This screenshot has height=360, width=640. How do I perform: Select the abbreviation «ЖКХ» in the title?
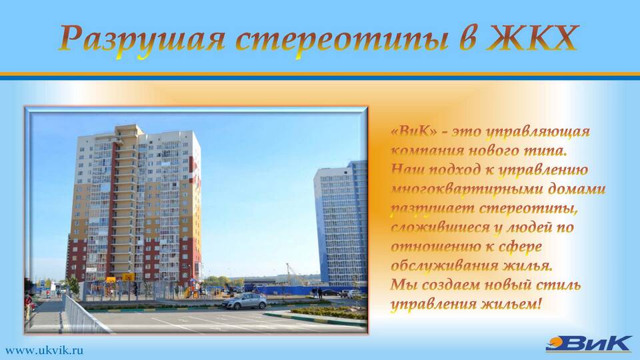pyautogui.click(x=532, y=38)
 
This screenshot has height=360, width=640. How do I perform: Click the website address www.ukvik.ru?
pyautogui.click(x=45, y=350)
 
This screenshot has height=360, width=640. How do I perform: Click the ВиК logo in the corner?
pyautogui.click(x=589, y=344)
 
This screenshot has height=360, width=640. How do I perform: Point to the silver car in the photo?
pyautogui.click(x=244, y=301)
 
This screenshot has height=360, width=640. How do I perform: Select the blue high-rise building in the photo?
pyautogui.click(x=341, y=224)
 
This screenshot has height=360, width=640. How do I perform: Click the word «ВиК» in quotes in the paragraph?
pyautogui.click(x=413, y=131)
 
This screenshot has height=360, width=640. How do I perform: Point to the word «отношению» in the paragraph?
pyautogui.click(x=435, y=247)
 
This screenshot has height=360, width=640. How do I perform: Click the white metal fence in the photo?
pyautogui.click(x=84, y=314)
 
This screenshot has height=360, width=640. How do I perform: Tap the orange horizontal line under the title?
pyautogui.click(x=320, y=74)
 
